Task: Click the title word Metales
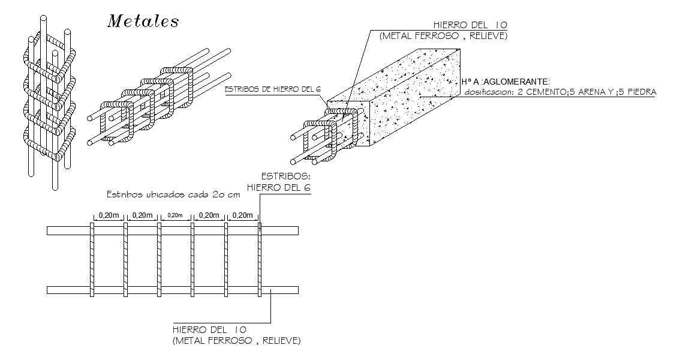143,21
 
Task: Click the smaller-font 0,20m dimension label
174,215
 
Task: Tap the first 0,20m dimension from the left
108,215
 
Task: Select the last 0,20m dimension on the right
242,215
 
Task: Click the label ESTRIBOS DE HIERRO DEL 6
272,89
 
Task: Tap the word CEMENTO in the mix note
542,92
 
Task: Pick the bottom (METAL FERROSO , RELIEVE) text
236,341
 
